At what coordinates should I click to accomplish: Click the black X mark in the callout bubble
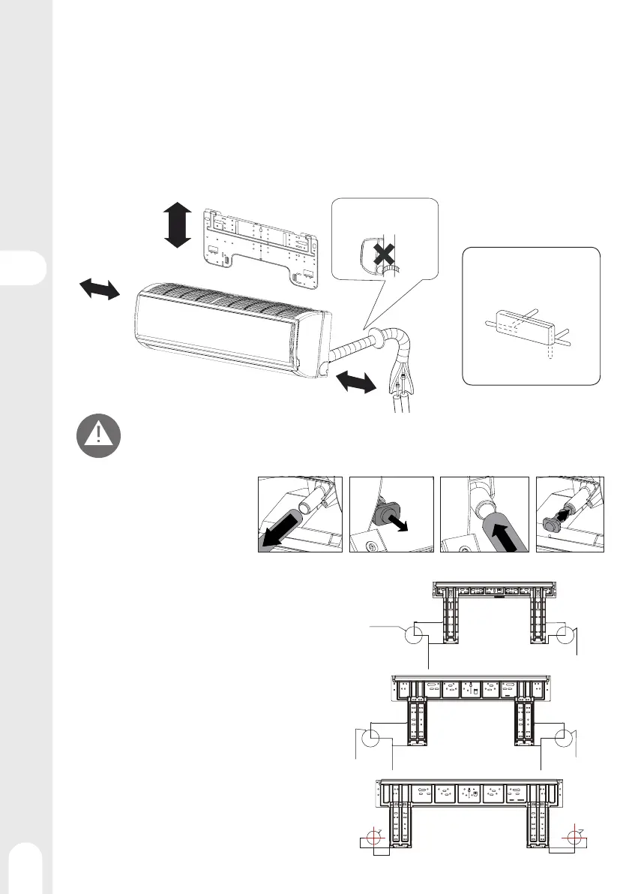tap(384, 255)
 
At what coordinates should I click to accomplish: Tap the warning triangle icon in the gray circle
tap(97, 435)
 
